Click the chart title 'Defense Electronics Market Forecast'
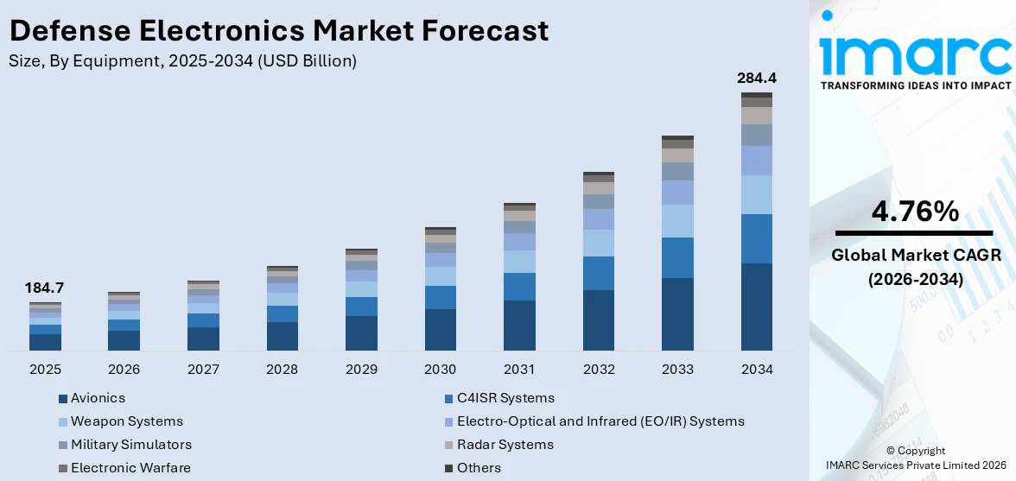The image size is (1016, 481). click(278, 30)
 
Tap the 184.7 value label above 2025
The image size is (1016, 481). click(45, 288)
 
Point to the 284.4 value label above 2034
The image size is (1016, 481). click(757, 78)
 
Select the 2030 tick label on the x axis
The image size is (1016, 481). click(440, 370)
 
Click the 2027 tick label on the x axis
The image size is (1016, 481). click(203, 370)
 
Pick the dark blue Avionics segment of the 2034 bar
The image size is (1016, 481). click(757, 307)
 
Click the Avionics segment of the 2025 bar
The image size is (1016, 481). click(45, 342)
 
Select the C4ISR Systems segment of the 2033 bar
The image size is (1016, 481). click(677, 257)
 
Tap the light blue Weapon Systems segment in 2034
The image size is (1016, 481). click(757, 194)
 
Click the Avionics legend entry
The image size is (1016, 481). click(97, 398)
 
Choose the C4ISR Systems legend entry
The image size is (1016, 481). click(505, 398)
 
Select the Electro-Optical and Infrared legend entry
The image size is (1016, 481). click(600, 421)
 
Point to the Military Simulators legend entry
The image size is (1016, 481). click(130, 445)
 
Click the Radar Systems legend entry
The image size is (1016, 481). click(505, 445)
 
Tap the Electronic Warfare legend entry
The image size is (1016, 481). click(130, 468)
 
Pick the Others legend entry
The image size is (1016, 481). click(478, 468)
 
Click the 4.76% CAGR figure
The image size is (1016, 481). click(914, 211)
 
